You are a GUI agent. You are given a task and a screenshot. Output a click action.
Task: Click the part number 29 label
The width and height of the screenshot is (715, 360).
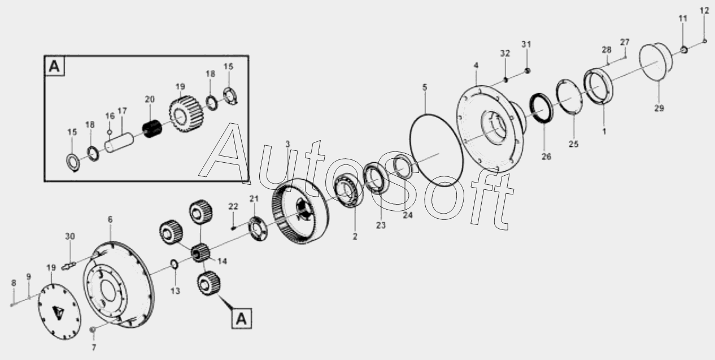pyautogui.click(x=659, y=109)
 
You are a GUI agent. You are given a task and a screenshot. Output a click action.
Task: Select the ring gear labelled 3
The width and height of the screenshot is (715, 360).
pyautogui.click(x=300, y=211)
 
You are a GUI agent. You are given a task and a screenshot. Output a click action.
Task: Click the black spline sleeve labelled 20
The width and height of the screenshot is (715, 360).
pyautogui.click(x=152, y=128)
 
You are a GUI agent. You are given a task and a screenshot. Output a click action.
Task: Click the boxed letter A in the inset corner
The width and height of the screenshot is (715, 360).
pyautogui.click(x=55, y=66)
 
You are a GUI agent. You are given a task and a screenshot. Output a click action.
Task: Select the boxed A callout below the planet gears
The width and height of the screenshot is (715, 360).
pyautogui.click(x=242, y=319)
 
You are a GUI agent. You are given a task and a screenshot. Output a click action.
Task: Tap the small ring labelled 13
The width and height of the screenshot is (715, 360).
pyautogui.click(x=175, y=264)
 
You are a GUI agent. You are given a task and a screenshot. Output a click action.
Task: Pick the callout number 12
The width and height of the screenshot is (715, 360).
pyautogui.click(x=704, y=11)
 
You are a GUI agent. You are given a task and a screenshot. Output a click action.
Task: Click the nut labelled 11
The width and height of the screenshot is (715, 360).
pyautogui.click(x=683, y=50)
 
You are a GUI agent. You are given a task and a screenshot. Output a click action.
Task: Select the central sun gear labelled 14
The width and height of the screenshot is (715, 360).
pyautogui.click(x=200, y=253)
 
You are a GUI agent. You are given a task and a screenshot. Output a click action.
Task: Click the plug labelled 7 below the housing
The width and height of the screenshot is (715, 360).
pyautogui.click(x=93, y=329)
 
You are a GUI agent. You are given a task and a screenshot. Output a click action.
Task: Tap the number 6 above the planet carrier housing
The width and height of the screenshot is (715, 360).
pyautogui.click(x=110, y=219)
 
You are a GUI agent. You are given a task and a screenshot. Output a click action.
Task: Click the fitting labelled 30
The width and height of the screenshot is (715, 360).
pyautogui.click(x=68, y=265)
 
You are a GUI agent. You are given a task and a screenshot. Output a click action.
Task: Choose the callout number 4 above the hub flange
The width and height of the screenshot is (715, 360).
pyautogui.click(x=476, y=66)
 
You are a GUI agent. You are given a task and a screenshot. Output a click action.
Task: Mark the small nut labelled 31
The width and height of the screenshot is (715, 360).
pyautogui.click(x=527, y=71)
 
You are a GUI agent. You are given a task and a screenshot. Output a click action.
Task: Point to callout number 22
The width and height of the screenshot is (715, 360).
pyautogui.click(x=233, y=206)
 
